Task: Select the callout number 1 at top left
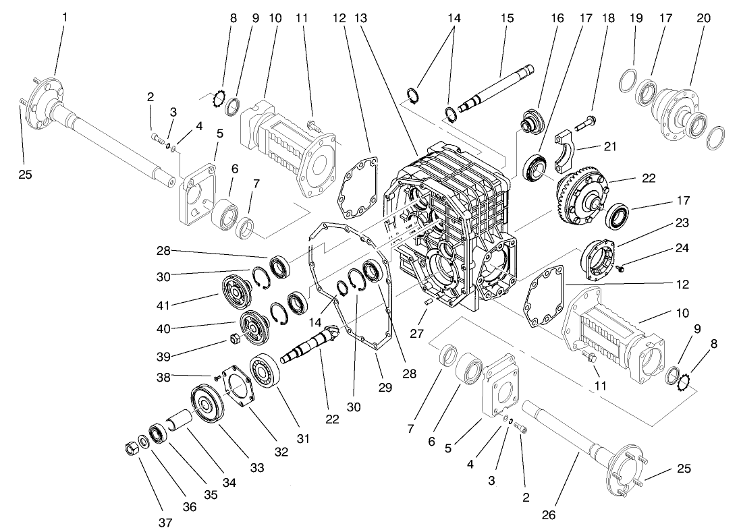pyautogui.click(x=65, y=17)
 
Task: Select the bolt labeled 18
pyautogui.click(x=585, y=124)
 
